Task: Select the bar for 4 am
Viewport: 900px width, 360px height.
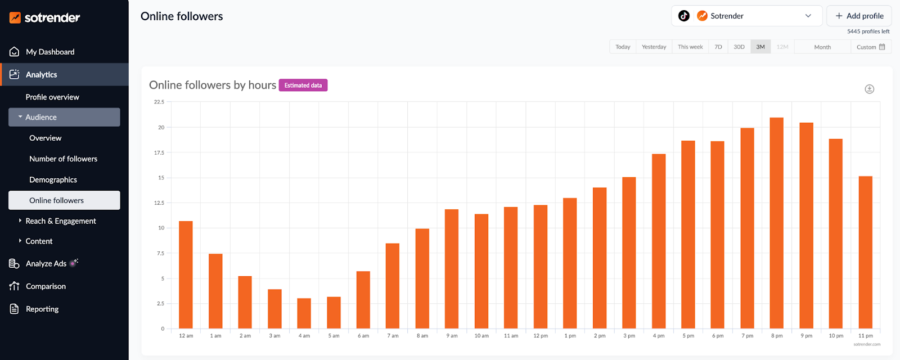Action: [304, 313]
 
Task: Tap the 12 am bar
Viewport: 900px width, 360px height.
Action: [186, 275]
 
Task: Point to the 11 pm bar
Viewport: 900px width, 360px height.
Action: [865, 253]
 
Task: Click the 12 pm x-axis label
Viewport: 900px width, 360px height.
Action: [540, 336]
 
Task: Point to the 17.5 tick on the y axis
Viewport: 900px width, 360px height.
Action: [159, 152]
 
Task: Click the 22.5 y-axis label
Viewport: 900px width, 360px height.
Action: [159, 102]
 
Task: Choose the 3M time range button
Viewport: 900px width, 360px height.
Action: [760, 47]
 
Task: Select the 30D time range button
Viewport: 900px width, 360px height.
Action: [739, 47]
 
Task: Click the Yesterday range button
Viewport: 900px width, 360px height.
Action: [654, 47]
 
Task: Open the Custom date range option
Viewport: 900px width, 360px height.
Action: [870, 47]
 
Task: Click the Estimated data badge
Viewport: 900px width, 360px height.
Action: [303, 85]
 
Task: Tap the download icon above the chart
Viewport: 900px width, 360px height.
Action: [869, 89]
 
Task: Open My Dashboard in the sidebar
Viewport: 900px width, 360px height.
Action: [49, 52]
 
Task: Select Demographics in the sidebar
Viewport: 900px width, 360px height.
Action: [53, 180]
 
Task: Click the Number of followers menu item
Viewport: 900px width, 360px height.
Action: [63, 159]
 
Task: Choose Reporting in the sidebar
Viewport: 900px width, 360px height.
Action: [42, 309]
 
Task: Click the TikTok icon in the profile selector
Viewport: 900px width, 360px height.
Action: [683, 16]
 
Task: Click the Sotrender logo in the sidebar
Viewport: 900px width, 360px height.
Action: [45, 17]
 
